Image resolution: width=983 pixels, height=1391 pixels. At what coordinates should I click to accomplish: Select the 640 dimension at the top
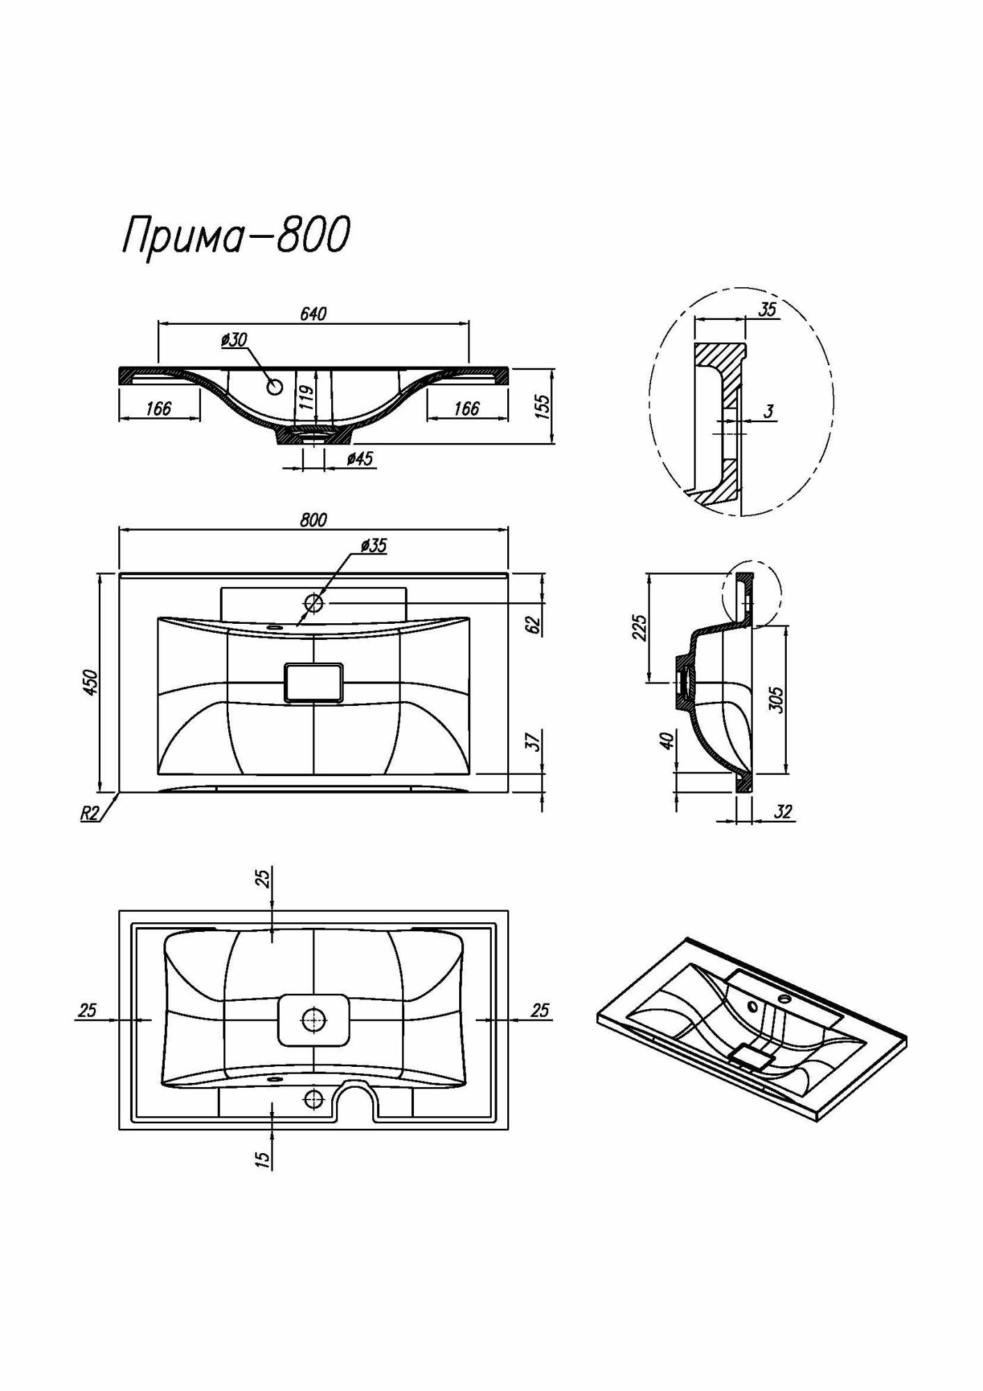(313, 314)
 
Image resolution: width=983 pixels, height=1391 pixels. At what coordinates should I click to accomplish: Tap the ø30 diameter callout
(234, 340)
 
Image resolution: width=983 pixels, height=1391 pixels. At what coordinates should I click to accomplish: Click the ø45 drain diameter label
(360, 459)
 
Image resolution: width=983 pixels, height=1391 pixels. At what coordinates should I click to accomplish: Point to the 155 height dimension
(545, 405)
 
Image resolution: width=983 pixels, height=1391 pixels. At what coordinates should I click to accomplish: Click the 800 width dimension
(314, 520)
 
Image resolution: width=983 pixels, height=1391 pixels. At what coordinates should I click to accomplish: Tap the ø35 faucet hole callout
(374, 546)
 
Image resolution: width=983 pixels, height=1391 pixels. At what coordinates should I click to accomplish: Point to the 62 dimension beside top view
(534, 624)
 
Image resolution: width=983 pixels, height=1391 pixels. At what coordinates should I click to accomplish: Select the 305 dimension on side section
(777, 699)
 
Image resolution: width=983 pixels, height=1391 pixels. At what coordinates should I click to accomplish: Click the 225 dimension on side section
(641, 627)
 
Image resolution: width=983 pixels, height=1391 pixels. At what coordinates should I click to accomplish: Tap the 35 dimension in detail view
(767, 310)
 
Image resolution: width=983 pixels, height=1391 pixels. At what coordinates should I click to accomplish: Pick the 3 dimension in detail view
(768, 412)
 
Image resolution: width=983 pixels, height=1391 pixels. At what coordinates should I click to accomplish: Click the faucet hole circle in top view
(314, 603)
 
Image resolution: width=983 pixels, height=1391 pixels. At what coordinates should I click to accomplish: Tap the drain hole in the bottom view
(314, 1020)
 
